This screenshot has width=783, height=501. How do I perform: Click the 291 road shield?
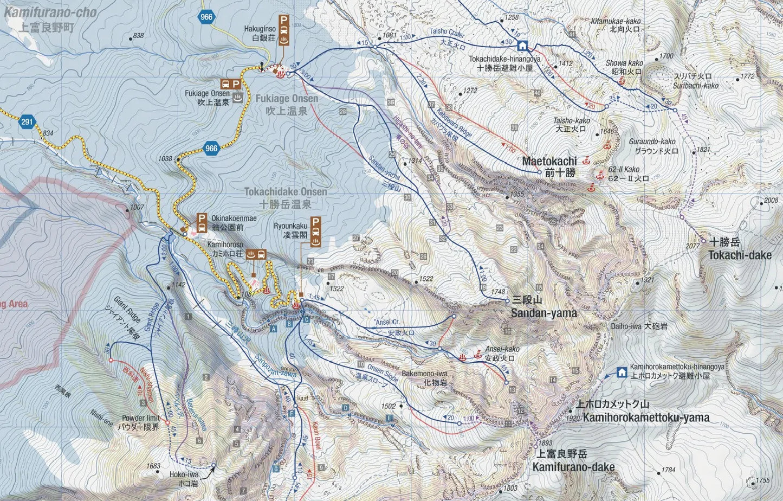[x=27, y=122]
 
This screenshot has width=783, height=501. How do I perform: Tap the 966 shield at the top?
[x=206, y=17]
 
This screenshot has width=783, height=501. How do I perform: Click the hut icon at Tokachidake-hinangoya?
[x=522, y=46]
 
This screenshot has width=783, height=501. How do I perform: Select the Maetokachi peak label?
[x=548, y=161]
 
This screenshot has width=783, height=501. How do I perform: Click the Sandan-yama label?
[x=543, y=313]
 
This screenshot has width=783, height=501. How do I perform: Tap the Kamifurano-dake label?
[x=573, y=467]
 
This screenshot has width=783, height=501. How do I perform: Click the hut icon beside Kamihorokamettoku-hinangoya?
[x=622, y=372]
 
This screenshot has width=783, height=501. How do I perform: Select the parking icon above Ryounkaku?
[x=316, y=222]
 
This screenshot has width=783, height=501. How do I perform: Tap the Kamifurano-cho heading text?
[x=50, y=12]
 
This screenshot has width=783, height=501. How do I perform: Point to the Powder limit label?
[x=140, y=418]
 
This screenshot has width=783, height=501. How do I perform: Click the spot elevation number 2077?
[x=693, y=246]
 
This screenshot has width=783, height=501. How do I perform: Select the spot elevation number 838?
[x=138, y=36]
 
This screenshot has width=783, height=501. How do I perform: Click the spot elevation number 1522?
[x=426, y=279]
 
